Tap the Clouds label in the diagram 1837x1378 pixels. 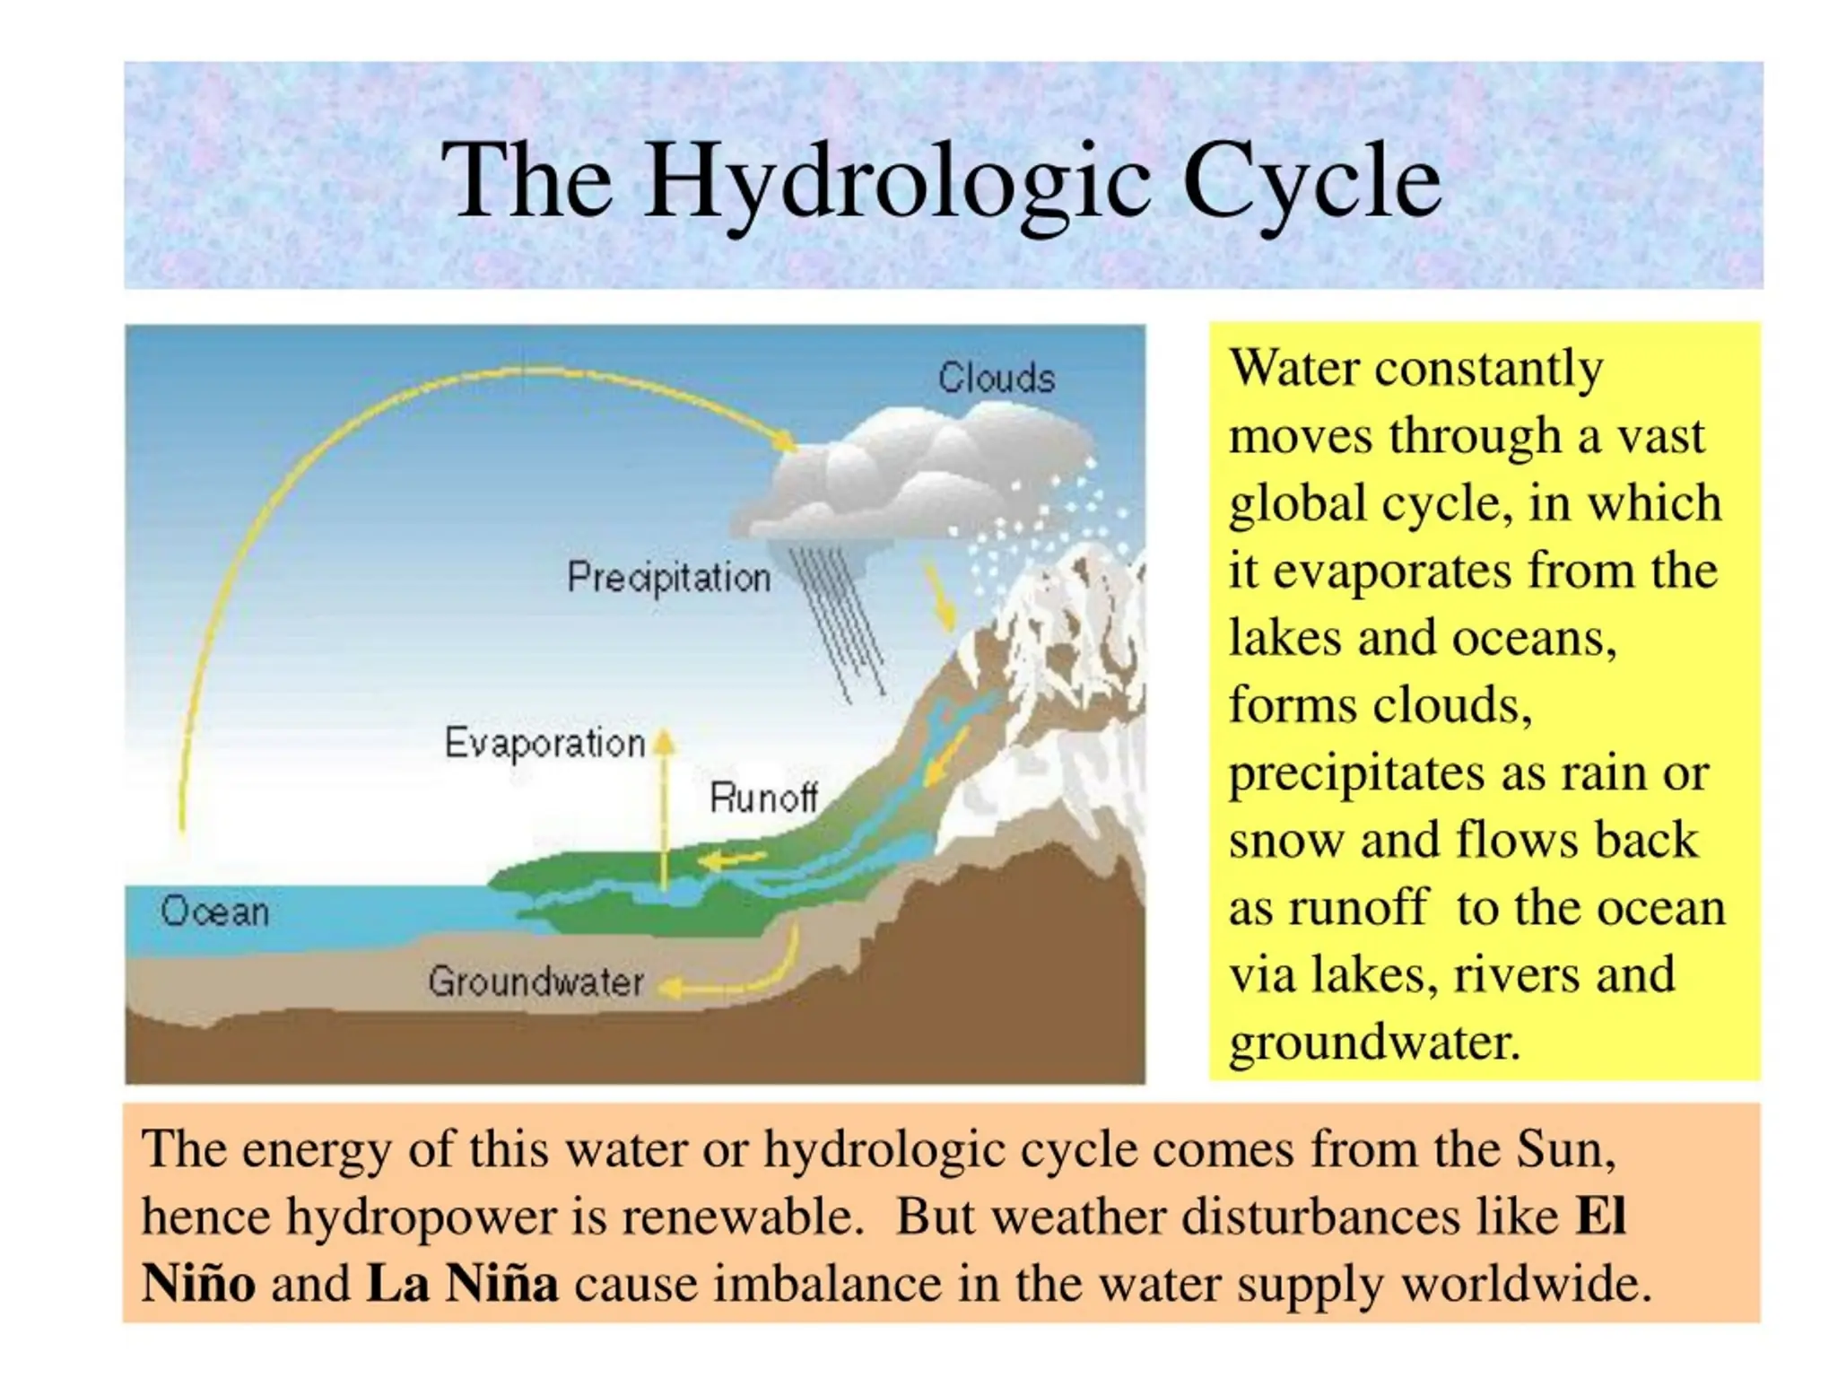click(x=996, y=378)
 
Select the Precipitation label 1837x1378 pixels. click(x=668, y=577)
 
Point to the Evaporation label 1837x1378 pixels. click(x=544, y=743)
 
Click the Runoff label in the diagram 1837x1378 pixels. click(x=763, y=797)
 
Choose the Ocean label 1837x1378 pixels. click(x=214, y=911)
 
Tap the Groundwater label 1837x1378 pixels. click(x=535, y=981)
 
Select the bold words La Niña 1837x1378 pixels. click(x=462, y=1283)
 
